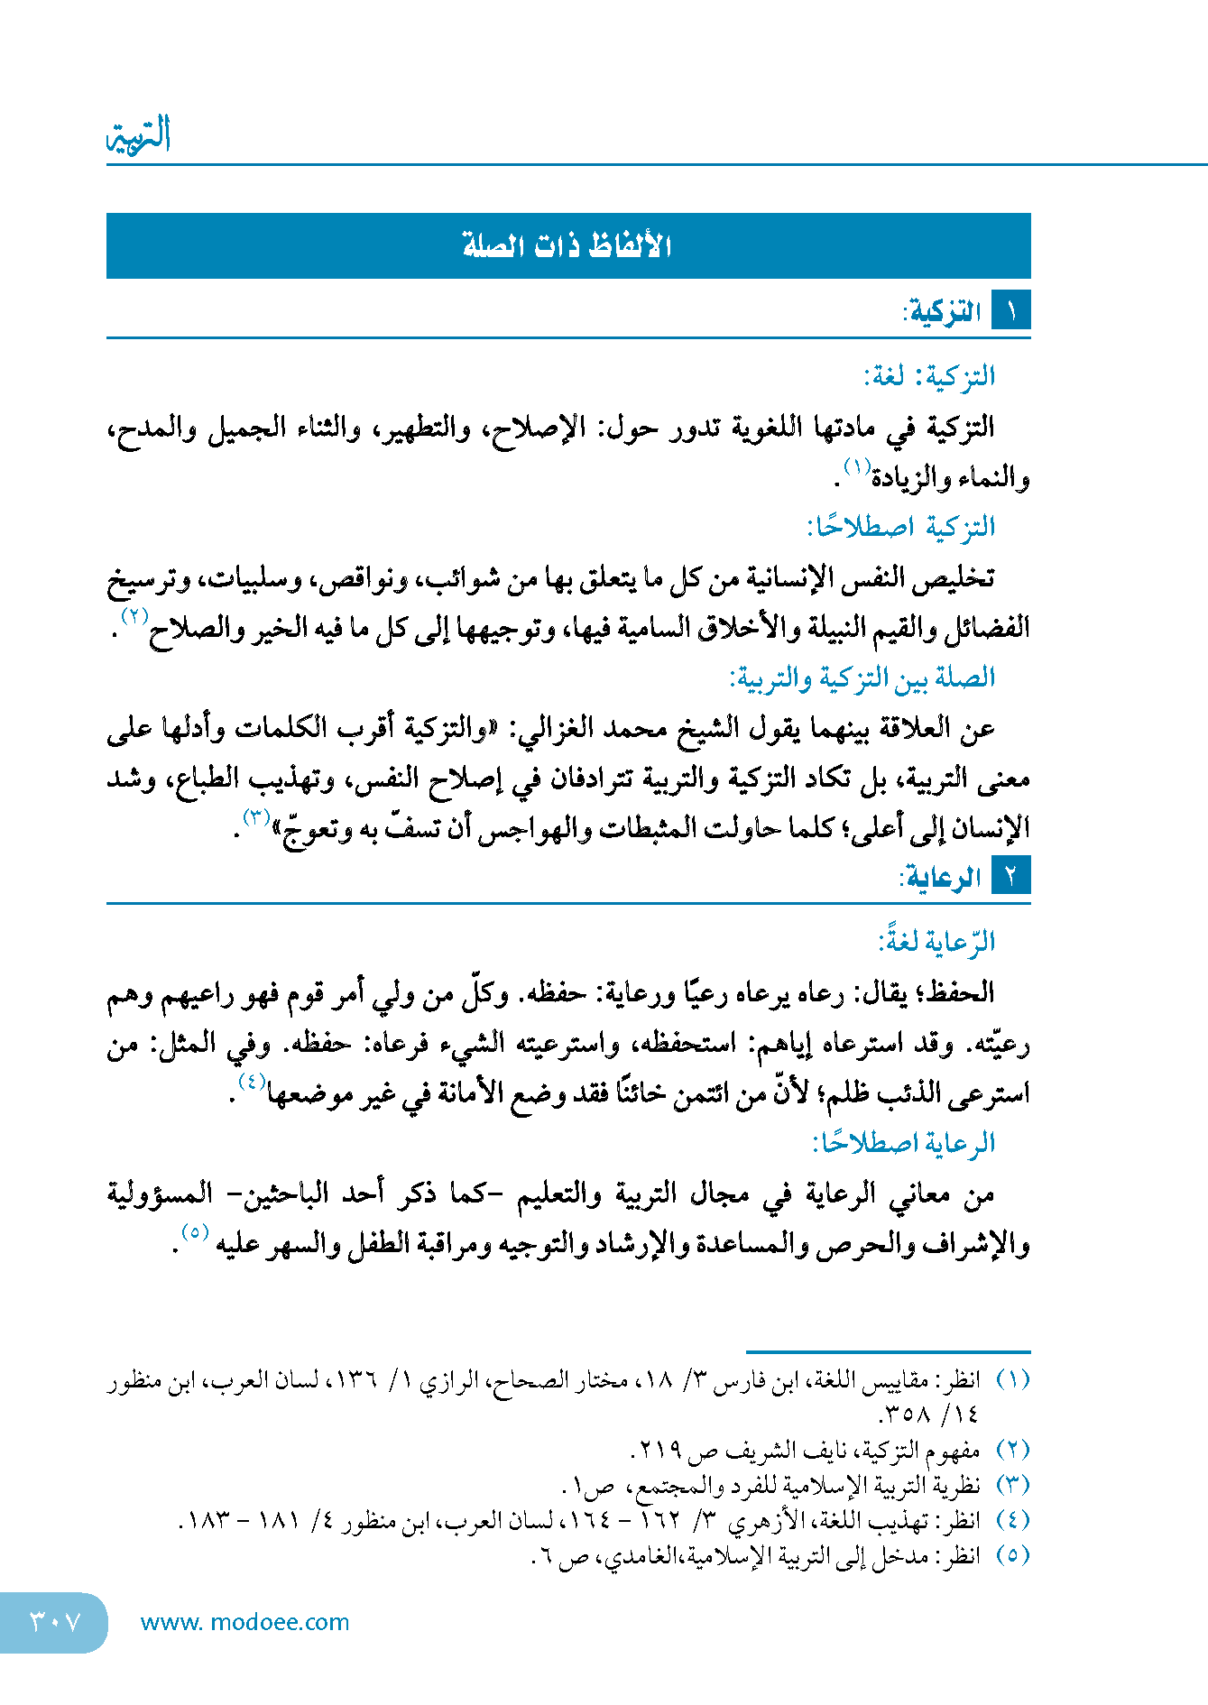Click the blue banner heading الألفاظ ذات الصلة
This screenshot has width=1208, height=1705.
567,245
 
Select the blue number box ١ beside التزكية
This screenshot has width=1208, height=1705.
1010,311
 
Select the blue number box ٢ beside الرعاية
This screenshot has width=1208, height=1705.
1010,876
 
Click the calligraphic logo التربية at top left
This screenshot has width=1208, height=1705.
140,135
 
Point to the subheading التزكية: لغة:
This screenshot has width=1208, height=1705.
929,376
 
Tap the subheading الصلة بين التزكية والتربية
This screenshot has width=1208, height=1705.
862,677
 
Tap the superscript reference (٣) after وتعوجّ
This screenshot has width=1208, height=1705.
256,817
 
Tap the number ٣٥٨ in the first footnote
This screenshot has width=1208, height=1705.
905,1414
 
